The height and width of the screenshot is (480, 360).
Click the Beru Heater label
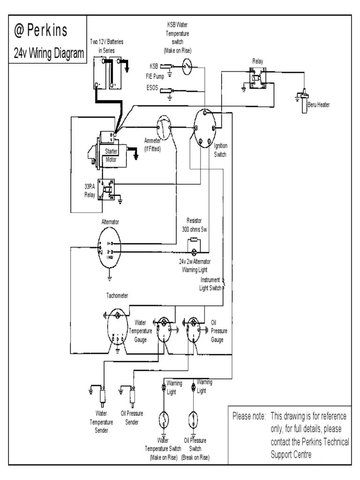pyautogui.click(x=318, y=105)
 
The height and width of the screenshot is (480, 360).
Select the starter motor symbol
pyautogui.click(x=108, y=150)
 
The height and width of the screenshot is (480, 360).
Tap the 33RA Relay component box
pyautogui.click(x=107, y=189)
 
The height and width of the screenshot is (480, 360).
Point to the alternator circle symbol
pyautogui.click(x=110, y=248)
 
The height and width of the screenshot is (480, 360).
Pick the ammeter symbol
pyautogui.click(x=165, y=126)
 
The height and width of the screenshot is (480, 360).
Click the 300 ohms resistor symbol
pyautogui.click(x=194, y=244)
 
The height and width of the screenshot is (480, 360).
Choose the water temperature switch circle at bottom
pyautogui.click(x=164, y=419)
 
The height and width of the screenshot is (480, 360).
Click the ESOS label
pyautogui.click(x=152, y=88)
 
